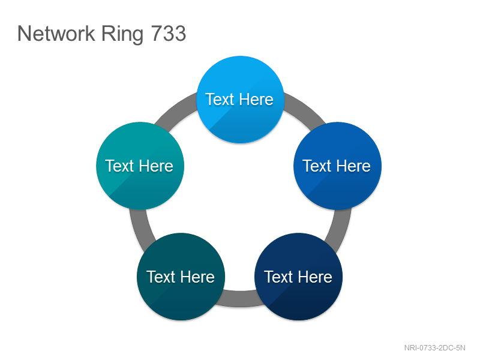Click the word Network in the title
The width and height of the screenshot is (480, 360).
56,34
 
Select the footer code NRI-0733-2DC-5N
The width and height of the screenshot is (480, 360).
434,348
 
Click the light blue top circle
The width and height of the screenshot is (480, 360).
241,100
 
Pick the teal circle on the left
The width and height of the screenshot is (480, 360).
140,166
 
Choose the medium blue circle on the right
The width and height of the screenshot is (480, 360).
337,166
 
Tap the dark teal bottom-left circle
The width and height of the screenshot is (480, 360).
181,277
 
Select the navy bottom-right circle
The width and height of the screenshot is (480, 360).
298,277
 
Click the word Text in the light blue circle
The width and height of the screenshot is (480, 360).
220,100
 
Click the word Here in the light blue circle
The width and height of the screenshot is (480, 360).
256,100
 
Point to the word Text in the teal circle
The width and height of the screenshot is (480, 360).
119,166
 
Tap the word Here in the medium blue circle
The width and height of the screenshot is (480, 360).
353,166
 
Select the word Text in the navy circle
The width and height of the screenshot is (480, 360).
278,277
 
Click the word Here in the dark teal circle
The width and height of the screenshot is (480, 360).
197,277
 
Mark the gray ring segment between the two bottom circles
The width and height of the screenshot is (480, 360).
239,298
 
